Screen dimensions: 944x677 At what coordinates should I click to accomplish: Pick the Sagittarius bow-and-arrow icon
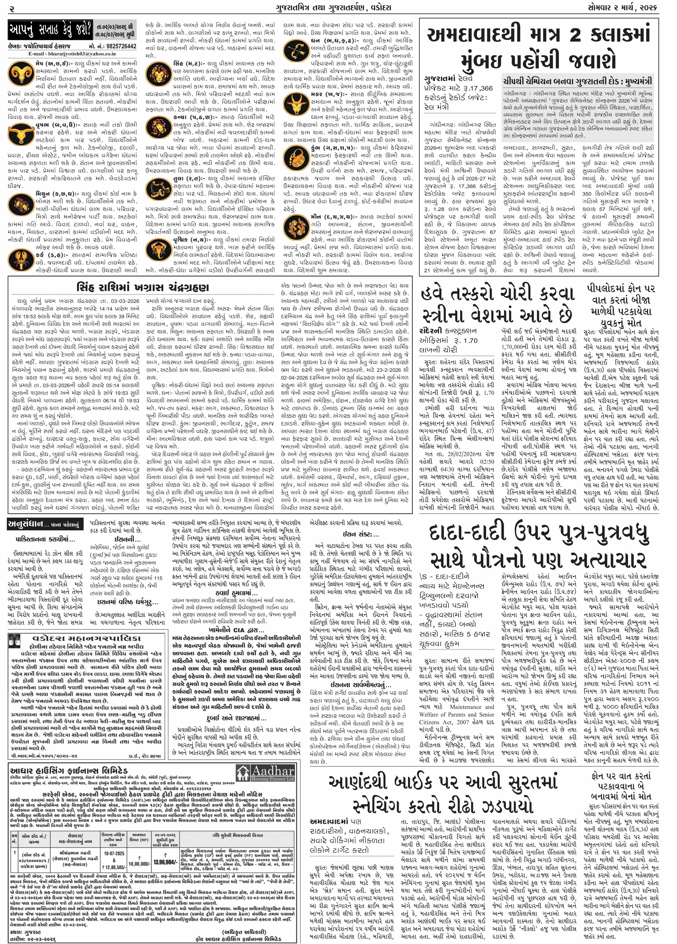[x=297, y=50]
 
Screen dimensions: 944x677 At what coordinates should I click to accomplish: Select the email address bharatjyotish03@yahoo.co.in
[x=73, y=54]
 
